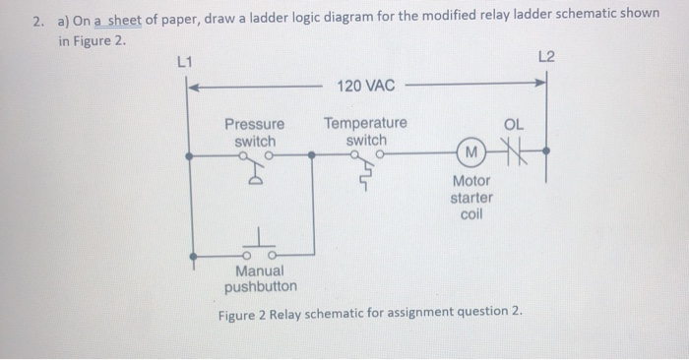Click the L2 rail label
tap(547, 57)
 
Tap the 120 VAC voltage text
tap(365, 87)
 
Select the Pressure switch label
tap(255, 134)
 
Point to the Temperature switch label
tap(365, 132)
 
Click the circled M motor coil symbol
tap(472, 153)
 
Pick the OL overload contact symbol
tap(514, 153)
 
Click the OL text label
tap(514, 125)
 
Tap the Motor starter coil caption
tap(471, 198)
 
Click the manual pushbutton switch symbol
tap(261, 246)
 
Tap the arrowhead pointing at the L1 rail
tap(194, 87)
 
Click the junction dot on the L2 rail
tap(546, 153)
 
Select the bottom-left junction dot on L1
tap(190, 255)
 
